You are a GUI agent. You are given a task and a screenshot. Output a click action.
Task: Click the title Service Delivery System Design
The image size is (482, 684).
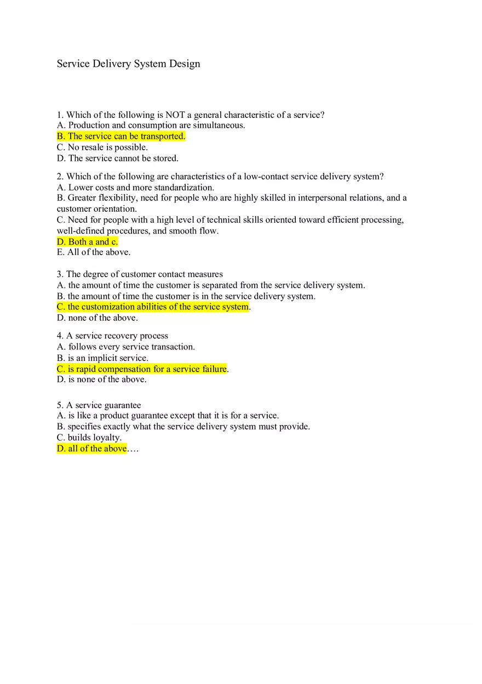pyautogui.click(x=129, y=64)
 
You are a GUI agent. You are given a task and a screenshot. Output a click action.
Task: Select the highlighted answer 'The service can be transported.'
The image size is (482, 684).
pyautogui.click(x=121, y=136)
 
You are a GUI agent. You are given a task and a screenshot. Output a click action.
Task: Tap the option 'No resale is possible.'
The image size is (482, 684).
pyautogui.click(x=102, y=147)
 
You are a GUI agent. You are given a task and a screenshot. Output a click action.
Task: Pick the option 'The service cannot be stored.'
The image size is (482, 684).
pyautogui.click(x=117, y=158)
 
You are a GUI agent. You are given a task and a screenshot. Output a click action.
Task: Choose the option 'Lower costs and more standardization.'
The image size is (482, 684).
pyautogui.click(x=135, y=188)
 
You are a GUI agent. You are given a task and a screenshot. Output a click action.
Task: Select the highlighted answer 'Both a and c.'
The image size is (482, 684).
pyautogui.click(x=88, y=241)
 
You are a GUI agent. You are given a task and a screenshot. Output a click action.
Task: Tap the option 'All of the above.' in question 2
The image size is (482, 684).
pyautogui.click(x=94, y=252)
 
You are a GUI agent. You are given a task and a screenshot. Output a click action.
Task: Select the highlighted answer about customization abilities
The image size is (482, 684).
pyautogui.click(x=153, y=307)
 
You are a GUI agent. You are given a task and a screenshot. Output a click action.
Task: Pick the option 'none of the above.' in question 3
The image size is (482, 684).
pyautogui.click(x=97, y=318)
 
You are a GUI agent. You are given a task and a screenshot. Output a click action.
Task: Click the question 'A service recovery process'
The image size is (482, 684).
pyautogui.click(x=112, y=336)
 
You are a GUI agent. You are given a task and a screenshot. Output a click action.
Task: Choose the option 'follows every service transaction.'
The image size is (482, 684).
pyautogui.click(x=126, y=347)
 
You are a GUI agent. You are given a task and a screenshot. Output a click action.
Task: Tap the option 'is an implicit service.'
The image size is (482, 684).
pyautogui.click(x=102, y=358)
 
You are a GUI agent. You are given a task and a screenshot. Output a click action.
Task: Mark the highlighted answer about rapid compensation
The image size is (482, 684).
pyautogui.click(x=142, y=369)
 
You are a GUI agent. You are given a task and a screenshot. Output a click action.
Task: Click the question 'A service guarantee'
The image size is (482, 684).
pyautogui.click(x=99, y=405)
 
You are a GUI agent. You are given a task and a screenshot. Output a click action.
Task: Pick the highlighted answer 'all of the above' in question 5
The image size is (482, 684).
pyautogui.click(x=92, y=449)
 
